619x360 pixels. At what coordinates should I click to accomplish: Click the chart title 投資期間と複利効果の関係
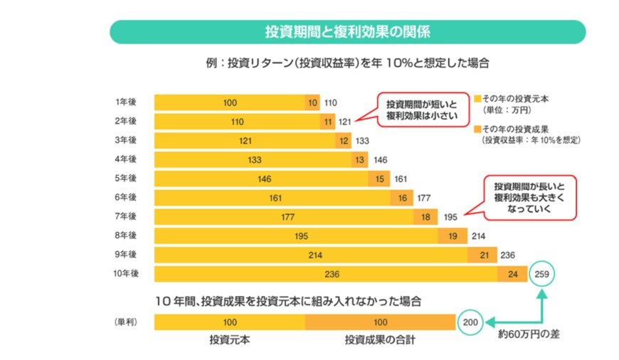(347, 32)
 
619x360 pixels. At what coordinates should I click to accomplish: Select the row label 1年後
(126, 102)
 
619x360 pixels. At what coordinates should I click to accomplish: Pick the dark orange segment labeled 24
(512, 274)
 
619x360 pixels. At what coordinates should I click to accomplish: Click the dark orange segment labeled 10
(312, 102)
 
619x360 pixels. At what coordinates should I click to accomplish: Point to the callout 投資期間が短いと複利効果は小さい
(412, 108)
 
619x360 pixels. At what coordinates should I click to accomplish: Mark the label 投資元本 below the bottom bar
(229, 340)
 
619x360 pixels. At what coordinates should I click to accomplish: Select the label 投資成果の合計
(380, 340)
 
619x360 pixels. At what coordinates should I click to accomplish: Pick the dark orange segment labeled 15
(379, 179)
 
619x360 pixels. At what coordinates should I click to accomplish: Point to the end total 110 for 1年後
(330, 102)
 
